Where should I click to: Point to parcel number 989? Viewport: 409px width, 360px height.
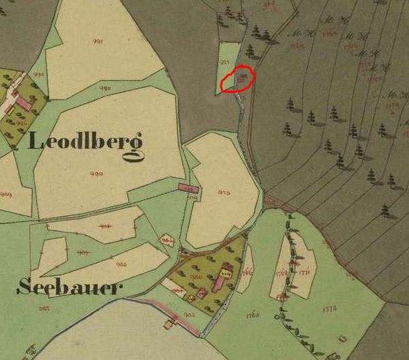point(8,195)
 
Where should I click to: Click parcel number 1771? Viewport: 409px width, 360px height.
point(305,273)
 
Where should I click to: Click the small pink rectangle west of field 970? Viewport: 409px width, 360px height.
point(188,187)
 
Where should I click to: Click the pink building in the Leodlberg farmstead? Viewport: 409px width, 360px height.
point(23,103)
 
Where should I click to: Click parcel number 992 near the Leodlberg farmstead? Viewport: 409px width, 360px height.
point(39,75)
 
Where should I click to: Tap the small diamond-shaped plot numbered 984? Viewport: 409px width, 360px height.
point(167,241)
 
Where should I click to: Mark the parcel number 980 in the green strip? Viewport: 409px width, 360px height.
point(107,88)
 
